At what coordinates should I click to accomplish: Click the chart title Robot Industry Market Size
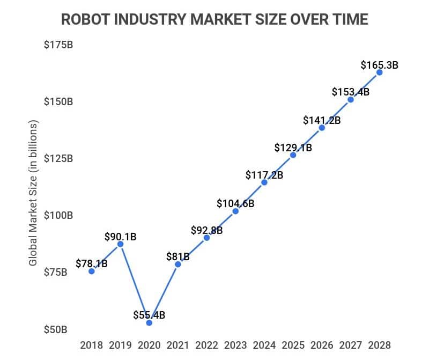pyautogui.click(x=214, y=19)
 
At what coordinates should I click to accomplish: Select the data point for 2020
pyautogui.click(x=149, y=322)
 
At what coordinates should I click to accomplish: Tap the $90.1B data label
pyautogui.click(x=120, y=236)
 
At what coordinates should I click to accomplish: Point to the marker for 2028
pyautogui.click(x=379, y=72)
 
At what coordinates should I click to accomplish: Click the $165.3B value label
pyautogui.click(x=379, y=65)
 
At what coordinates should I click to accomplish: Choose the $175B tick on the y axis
pyautogui.click(x=58, y=45)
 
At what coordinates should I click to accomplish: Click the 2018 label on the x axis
pyautogui.click(x=92, y=344)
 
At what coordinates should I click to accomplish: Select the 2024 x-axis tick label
pyautogui.click(x=264, y=344)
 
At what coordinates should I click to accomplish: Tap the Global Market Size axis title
pyautogui.click(x=34, y=193)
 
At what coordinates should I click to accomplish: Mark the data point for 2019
pyautogui.click(x=121, y=244)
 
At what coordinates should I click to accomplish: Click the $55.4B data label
pyautogui.click(x=149, y=315)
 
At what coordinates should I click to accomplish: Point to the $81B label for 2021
pyautogui.click(x=178, y=256)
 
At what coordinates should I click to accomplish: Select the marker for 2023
pyautogui.click(x=235, y=211)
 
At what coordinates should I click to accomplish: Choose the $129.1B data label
pyautogui.click(x=293, y=147)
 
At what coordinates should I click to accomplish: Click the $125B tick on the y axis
pyautogui.click(x=58, y=158)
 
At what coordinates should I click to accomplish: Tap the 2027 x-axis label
pyautogui.click(x=351, y=344)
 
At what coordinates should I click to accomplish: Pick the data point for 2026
pyautogui.click(x=322, y=128)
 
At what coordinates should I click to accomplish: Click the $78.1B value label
pyautogui.click(x=92, y=263)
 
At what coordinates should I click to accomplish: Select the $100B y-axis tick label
pyautogui.click(x=58, y=215)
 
